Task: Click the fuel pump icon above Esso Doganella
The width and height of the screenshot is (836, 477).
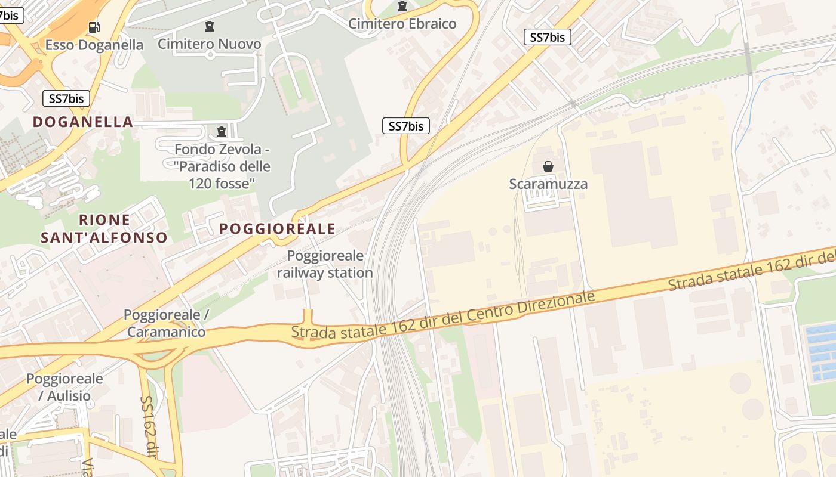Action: [94, 27]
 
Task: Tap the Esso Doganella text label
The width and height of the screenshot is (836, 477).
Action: [94, 45]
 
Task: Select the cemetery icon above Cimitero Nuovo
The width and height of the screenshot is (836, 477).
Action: [209, 26]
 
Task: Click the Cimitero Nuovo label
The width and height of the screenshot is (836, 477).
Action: [209, 44]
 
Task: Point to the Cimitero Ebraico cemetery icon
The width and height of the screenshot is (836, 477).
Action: [402, 7]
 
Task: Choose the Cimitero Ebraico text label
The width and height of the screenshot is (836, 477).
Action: [402, 24]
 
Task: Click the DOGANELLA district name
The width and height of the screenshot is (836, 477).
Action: [83, 122]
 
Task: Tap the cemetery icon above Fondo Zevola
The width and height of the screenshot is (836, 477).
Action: [222, 131]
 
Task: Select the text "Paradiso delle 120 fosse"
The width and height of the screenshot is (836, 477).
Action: [223, 175]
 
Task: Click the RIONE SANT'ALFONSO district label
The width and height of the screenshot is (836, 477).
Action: [104, 229]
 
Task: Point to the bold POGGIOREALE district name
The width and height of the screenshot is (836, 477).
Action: [277, 229]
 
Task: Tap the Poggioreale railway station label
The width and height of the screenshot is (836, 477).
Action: [325, 264]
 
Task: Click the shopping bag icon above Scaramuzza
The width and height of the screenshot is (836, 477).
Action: [548, 166]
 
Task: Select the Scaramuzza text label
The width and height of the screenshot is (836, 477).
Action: [548, 184]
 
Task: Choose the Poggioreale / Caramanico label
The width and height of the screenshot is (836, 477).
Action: [166, 323]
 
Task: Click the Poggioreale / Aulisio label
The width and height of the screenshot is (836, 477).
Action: [64, 387]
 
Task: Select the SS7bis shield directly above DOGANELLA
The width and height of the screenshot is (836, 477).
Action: [66, 98]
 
